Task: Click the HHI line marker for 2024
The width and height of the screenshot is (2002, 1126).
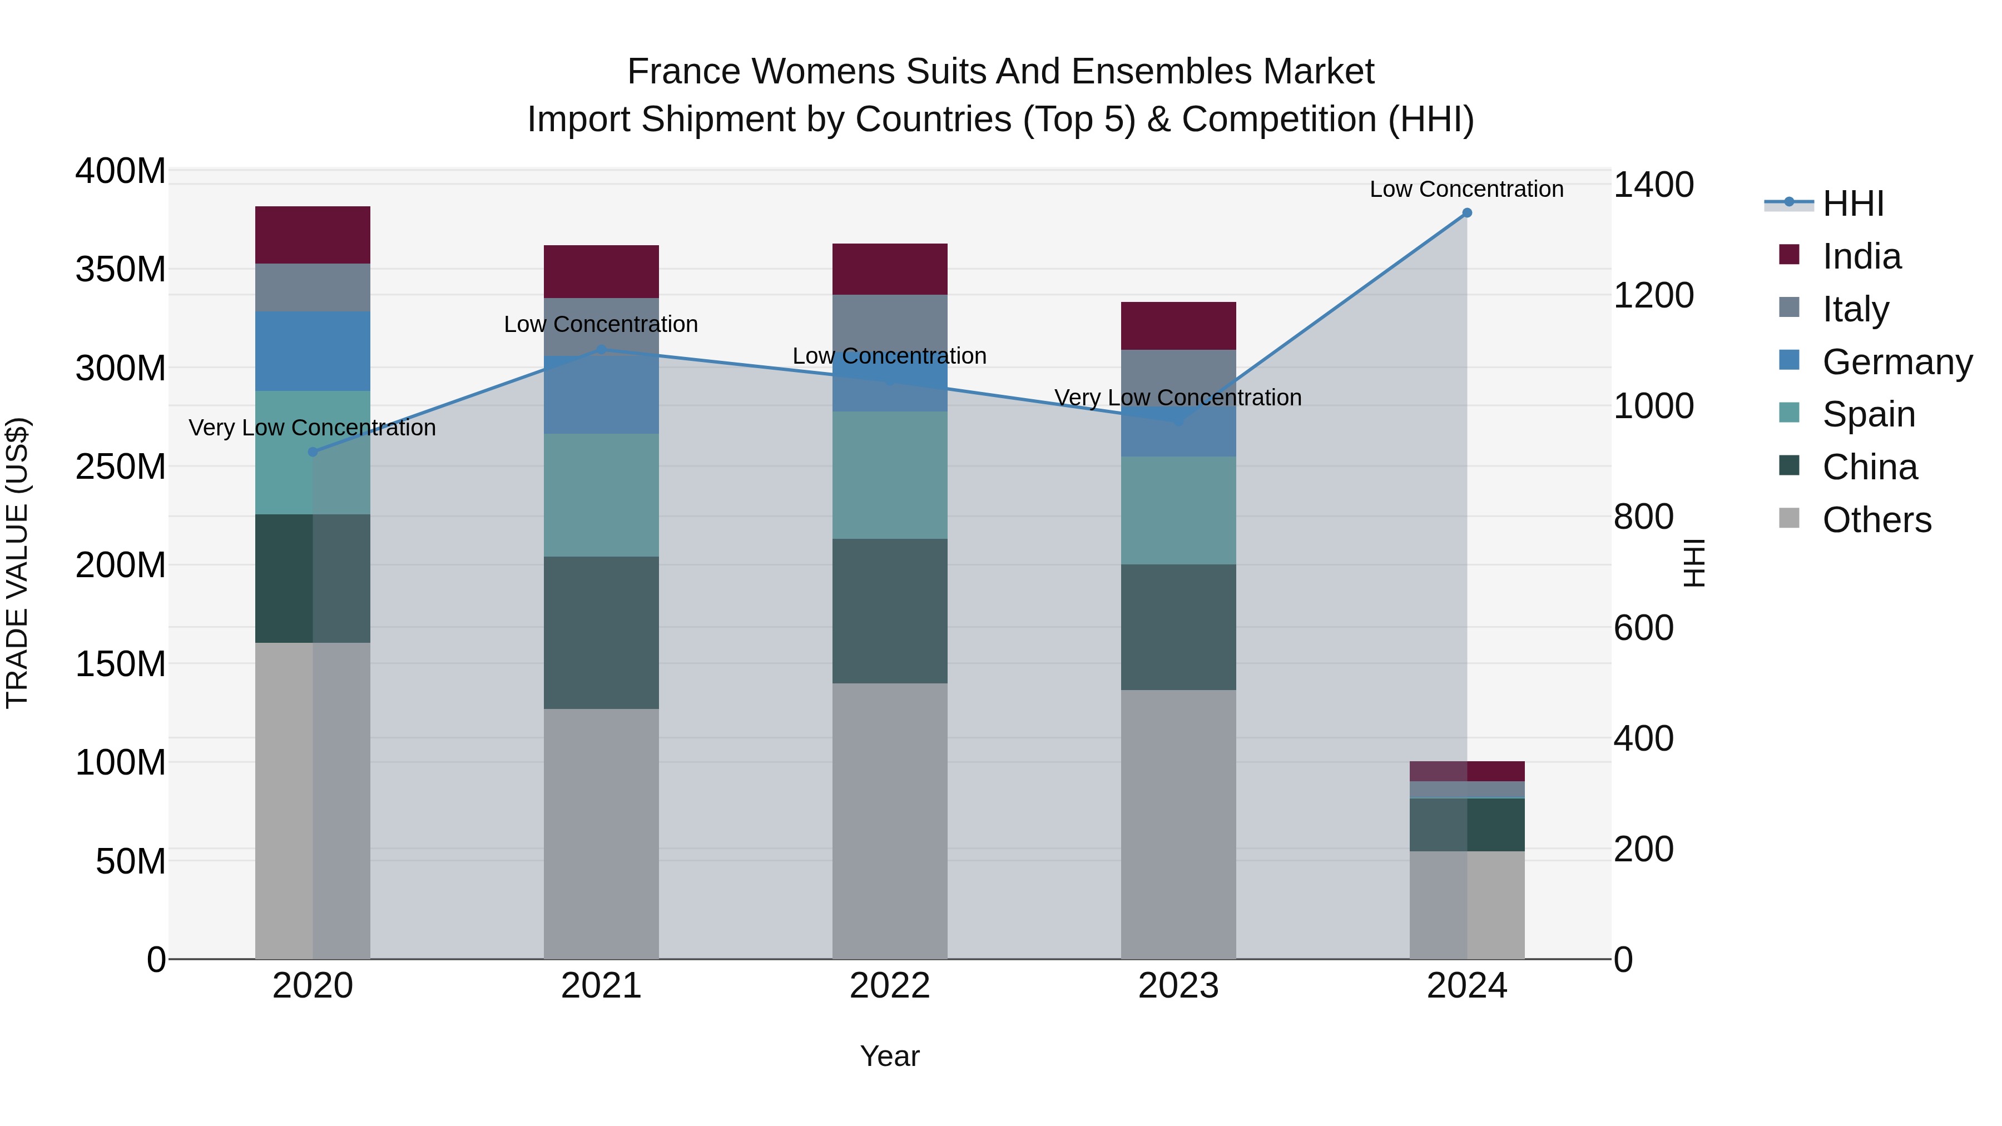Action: pyautogui.click(x=1466, y=213)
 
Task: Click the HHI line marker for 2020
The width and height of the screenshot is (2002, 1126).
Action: pyautogui.click(x=313, y=452)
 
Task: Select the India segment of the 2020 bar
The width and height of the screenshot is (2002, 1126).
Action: pyautogui.click(x=313, y=235)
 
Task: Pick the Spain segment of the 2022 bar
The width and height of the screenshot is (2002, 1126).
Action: pyautogui.click(x=889, y=475)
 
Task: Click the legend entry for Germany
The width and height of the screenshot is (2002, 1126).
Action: pyautogui.click(x=1896, y=362)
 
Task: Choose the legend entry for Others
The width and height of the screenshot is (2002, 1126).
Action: pyautogui.click(x=1876, y=520)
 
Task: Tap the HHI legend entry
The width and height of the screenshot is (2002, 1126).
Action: pyautogui.click(x=1853, y=204)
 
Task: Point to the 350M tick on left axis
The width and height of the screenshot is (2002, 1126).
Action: pyautogui.click(x=121, y=270)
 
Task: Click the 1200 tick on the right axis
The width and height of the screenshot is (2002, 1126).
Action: pyautogui.click(x=1653, y=296)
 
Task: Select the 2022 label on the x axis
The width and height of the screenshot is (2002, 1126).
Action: pyautogui.click(x=889, y=986)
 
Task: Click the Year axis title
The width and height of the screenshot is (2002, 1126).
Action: pyautogui.click(x=889, y=1056)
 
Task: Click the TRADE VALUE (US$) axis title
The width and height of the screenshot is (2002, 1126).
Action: pyautogui.click(x=17, y=563)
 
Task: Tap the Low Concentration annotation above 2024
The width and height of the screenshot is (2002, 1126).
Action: pyautogui.click(x=1466, y=189)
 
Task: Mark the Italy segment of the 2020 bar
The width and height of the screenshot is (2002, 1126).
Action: pyautogui.click(x=313, y=287)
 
